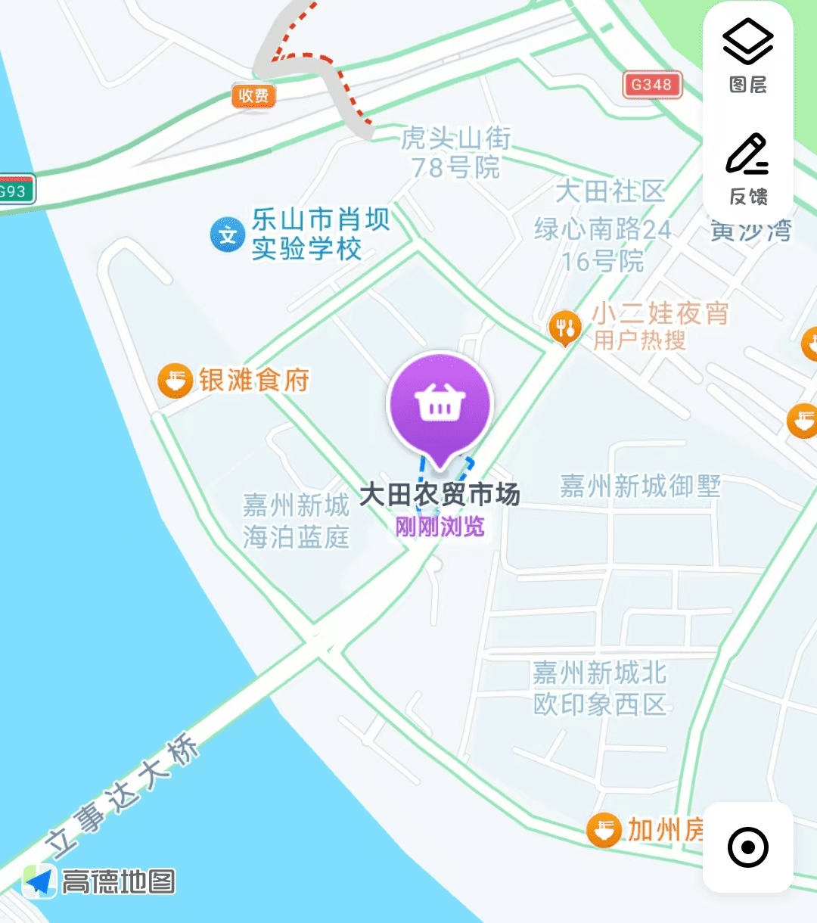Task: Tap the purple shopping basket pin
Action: point(440,403)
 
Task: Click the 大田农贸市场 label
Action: point(440,495)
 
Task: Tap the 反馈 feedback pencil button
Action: point(747,169)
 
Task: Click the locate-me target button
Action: point(747,847)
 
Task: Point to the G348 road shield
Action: point(652,85)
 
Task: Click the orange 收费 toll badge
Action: point(253,95)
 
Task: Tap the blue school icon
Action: point(227,235)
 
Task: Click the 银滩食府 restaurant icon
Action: point(175,380)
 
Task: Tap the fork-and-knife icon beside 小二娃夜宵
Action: point(564,327)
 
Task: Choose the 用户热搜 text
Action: point(639,340)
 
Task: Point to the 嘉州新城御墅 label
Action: point(640,486)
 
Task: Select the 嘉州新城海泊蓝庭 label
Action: point(296,521)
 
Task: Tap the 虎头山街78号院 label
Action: point(455,152)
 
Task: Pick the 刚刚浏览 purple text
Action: point(440,527)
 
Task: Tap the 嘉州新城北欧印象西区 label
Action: point(599,688)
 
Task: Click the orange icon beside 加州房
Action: point(604,830)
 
